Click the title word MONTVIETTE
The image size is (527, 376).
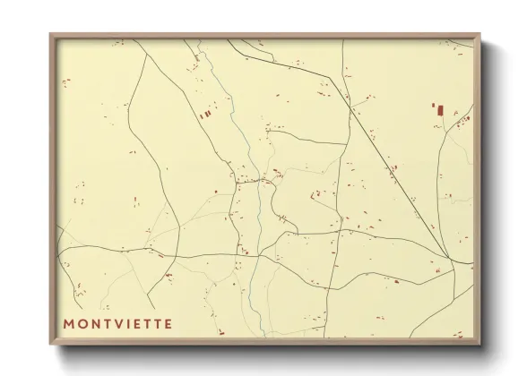[x=118, y=321]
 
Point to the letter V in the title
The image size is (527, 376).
[x=116, y=321]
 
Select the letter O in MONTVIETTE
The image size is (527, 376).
[x=83, y=321]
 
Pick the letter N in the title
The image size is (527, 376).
[x=95, y=321]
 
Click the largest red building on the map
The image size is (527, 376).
[x=440, y=110]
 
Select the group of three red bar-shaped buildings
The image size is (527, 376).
[x=205, y=114]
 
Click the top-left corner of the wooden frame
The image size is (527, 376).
[x=50, y=34]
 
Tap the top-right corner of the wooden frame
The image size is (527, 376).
[x=479, y=34]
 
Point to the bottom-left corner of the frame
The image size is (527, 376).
[x=50, y=345]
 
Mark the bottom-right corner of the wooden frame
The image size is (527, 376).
[x=479, y=345]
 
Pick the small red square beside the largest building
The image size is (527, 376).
[x=434, y=105]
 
